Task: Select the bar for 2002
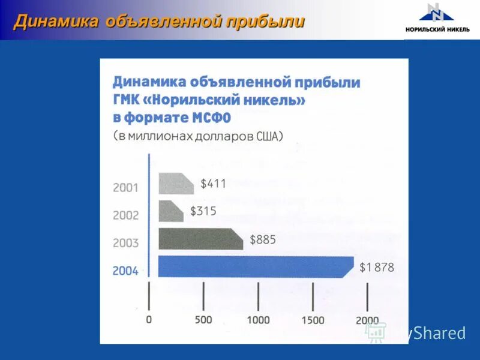click(x=170, y=211)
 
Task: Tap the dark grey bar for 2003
click(x=200, y=239)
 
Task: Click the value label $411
click(x=213, y=184)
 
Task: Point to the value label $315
click(x=203, y=211)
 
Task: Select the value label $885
click(x=262, y=239)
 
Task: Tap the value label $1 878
click(x=376, y=268)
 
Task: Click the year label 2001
click(x=125, y=187)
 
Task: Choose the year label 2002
click(x=125, y=215)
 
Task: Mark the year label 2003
click(x=125, y=243)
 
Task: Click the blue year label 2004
click(x=125, y=271)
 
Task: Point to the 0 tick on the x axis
click(x=149, y=320)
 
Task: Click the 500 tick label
click(x=203, y=320)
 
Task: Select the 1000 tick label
click(x=258, y=320)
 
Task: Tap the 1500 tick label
click(x=313, y=320)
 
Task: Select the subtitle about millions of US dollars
click(x=197, y=136)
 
